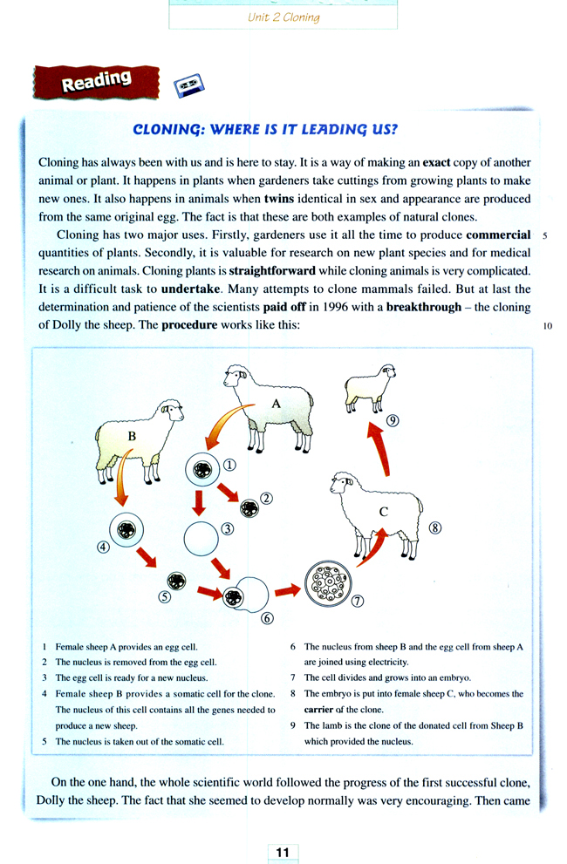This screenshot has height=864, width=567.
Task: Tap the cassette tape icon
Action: coord(188,85)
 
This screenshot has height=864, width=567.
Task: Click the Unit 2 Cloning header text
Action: coord(283,17)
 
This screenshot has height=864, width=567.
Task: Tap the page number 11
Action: coord(283,851)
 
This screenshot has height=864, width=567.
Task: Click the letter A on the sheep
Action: coord(276,404)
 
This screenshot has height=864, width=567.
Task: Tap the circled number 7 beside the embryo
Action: coord(357,601)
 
